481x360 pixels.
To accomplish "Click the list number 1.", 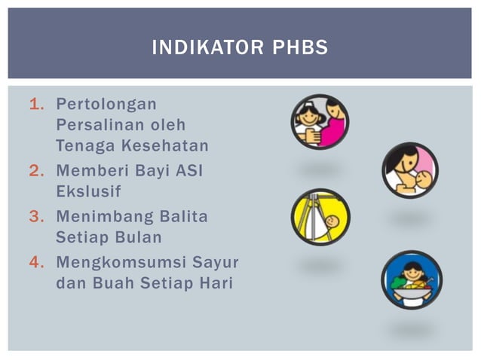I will click(x=35, y=103).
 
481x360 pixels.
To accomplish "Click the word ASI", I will click(x=189, y=171).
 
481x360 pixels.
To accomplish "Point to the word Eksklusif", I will click(x=88, y=191).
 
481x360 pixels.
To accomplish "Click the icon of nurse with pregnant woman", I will click(x=320, y=121).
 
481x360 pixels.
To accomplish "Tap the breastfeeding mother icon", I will click(x=409, y=170).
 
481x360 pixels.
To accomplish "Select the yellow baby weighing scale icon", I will click(x=321, y=217).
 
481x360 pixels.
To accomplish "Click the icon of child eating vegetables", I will click(x=411, y=279).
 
